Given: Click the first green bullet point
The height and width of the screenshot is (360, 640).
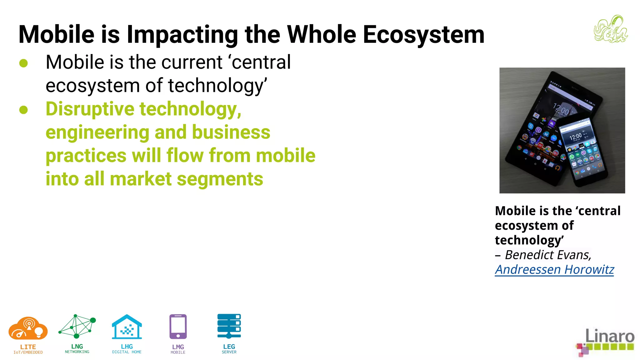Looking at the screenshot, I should click(23, 63).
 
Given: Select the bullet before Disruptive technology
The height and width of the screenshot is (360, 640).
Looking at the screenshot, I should click(23, 110).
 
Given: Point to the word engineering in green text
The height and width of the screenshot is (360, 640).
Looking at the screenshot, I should click(97, 132).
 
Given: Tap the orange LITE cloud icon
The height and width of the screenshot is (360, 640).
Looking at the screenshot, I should click(28, 328).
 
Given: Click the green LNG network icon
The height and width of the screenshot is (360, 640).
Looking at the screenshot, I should click(77, 327).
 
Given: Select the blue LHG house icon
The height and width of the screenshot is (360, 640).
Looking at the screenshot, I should click(127, 327).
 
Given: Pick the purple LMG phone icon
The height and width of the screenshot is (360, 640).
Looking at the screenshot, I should click(178, 327).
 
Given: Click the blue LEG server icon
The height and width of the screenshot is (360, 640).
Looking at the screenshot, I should click(229, 326).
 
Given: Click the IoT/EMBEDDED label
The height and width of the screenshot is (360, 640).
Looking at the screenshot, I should click(28, 352).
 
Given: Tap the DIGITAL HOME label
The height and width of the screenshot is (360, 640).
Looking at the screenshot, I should click(127, 352).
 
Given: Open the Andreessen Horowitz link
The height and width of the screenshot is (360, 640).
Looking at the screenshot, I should click(554, 270).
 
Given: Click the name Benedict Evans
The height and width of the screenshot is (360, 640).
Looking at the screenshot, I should click(548, 255).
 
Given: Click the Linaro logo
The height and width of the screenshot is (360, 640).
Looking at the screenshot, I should click(605, 342).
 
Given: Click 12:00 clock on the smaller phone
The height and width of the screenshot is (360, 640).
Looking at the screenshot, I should click(575, 137).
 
